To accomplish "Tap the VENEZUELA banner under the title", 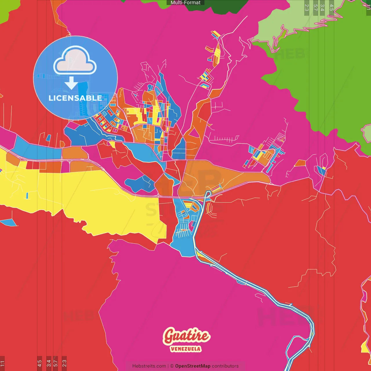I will coord(185,349).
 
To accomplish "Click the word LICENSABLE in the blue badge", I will coord(75,98).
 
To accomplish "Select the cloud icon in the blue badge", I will coord(75,60).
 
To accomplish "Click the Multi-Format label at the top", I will coord(185,3).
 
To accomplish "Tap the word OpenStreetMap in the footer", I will coord(192,366).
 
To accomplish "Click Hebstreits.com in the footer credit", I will coord(149,366).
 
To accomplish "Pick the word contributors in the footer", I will coord(225,366).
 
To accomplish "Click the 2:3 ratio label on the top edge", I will coord(307,8).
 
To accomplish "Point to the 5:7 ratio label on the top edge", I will coord(316,8).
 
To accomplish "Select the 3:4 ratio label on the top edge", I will coord(322,8).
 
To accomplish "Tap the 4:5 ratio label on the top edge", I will coord(332,8).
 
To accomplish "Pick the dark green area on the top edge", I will coord(220,5).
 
